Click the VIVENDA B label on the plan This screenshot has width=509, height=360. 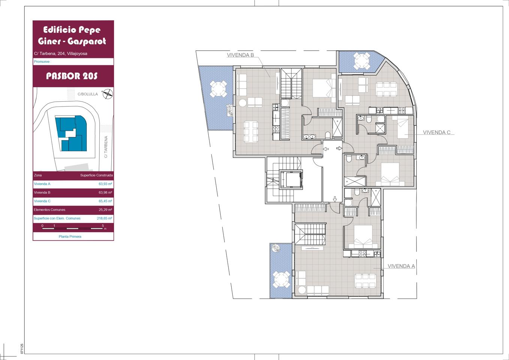(x=240, y=55)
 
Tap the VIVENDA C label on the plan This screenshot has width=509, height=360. (x=437, y=132)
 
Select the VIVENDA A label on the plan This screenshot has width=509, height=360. (x=401, y=266)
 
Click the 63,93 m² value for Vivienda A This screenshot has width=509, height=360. (x=105, y=184)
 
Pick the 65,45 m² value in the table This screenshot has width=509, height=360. (x=105, y=201)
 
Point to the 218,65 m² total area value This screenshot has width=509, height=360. (x=105, y=218)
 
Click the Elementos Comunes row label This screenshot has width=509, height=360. (x=49, y=210)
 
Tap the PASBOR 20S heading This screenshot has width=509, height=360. (x=72, y=76)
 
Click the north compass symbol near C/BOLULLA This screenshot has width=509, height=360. (x=108, y=94)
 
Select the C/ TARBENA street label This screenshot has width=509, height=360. (x=106, y=147)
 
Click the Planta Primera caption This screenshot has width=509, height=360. (x=70, y=237)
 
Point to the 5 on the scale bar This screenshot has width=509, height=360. (x=103, y=226)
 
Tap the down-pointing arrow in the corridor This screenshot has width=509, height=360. (x=335, y=199)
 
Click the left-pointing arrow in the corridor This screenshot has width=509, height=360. (x=326, y=149)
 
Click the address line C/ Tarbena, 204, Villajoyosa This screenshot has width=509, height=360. (x=61, y=54)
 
